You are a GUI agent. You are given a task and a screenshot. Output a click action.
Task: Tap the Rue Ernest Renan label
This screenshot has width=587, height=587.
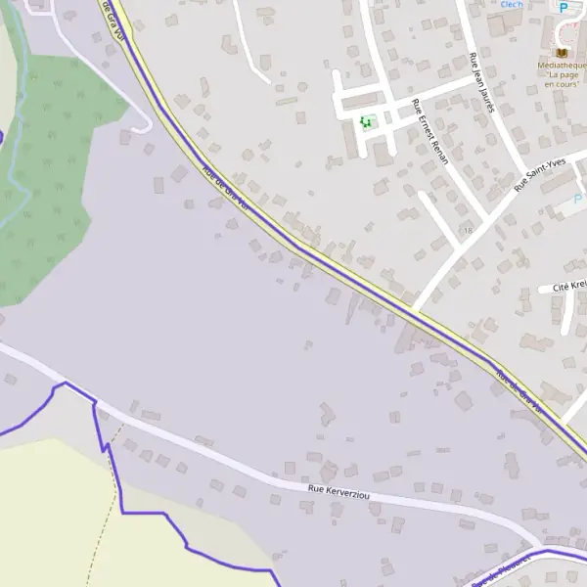click(430, 131)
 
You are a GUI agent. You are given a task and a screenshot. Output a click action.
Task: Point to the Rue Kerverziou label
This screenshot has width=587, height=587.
click(339, 491)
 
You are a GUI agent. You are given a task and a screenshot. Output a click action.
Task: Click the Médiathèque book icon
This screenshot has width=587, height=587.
click(562, 51)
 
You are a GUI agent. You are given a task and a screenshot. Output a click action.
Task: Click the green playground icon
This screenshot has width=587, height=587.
click(366, 122)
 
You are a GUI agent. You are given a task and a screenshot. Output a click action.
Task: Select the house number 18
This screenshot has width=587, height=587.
click(468, 230)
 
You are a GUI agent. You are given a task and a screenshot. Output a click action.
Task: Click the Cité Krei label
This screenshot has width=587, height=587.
click(568, 287)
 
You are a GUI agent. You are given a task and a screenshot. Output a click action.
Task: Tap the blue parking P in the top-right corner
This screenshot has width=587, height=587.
click(564, 6)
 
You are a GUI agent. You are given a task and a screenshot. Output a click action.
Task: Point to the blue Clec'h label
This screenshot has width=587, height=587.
click(512, 5)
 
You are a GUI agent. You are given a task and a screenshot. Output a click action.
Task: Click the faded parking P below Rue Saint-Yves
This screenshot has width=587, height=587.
click(578, 199)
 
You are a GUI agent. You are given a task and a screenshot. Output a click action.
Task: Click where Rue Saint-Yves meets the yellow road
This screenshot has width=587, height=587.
click(415, 311)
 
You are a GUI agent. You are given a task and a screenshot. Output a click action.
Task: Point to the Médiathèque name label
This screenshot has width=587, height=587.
click(562, 65)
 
